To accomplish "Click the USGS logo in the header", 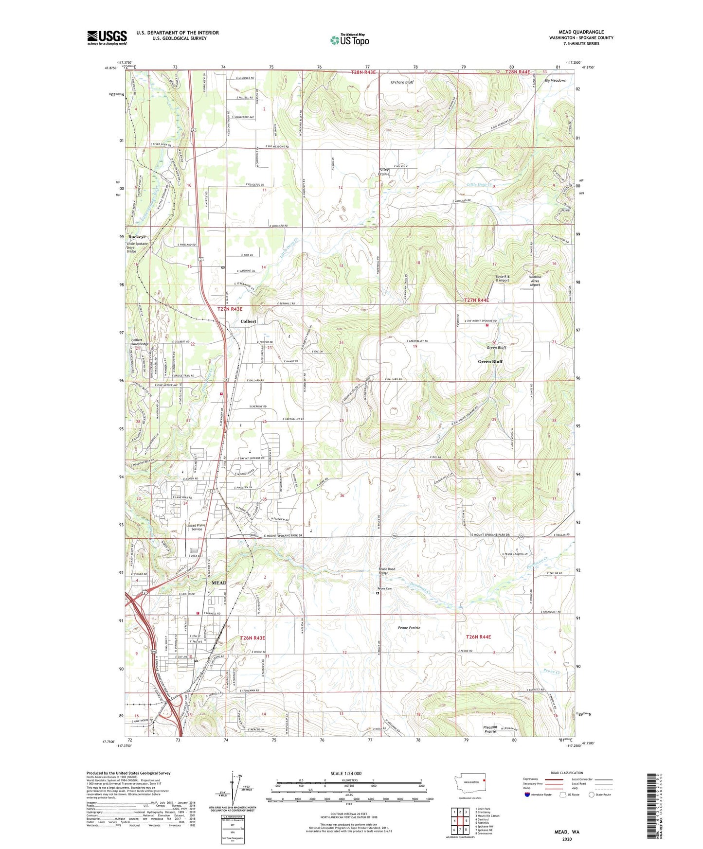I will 107,37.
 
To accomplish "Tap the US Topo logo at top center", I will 349,40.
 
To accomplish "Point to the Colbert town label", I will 248,321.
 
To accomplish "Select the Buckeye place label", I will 137,237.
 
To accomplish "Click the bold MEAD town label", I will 219,583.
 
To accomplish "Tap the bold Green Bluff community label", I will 490,362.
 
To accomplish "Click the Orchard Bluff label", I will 402,82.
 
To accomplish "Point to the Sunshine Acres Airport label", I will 535,281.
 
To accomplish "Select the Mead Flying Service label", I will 197,527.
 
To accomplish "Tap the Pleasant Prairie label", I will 490,729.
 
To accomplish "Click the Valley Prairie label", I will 384,172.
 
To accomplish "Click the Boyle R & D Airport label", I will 502,279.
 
